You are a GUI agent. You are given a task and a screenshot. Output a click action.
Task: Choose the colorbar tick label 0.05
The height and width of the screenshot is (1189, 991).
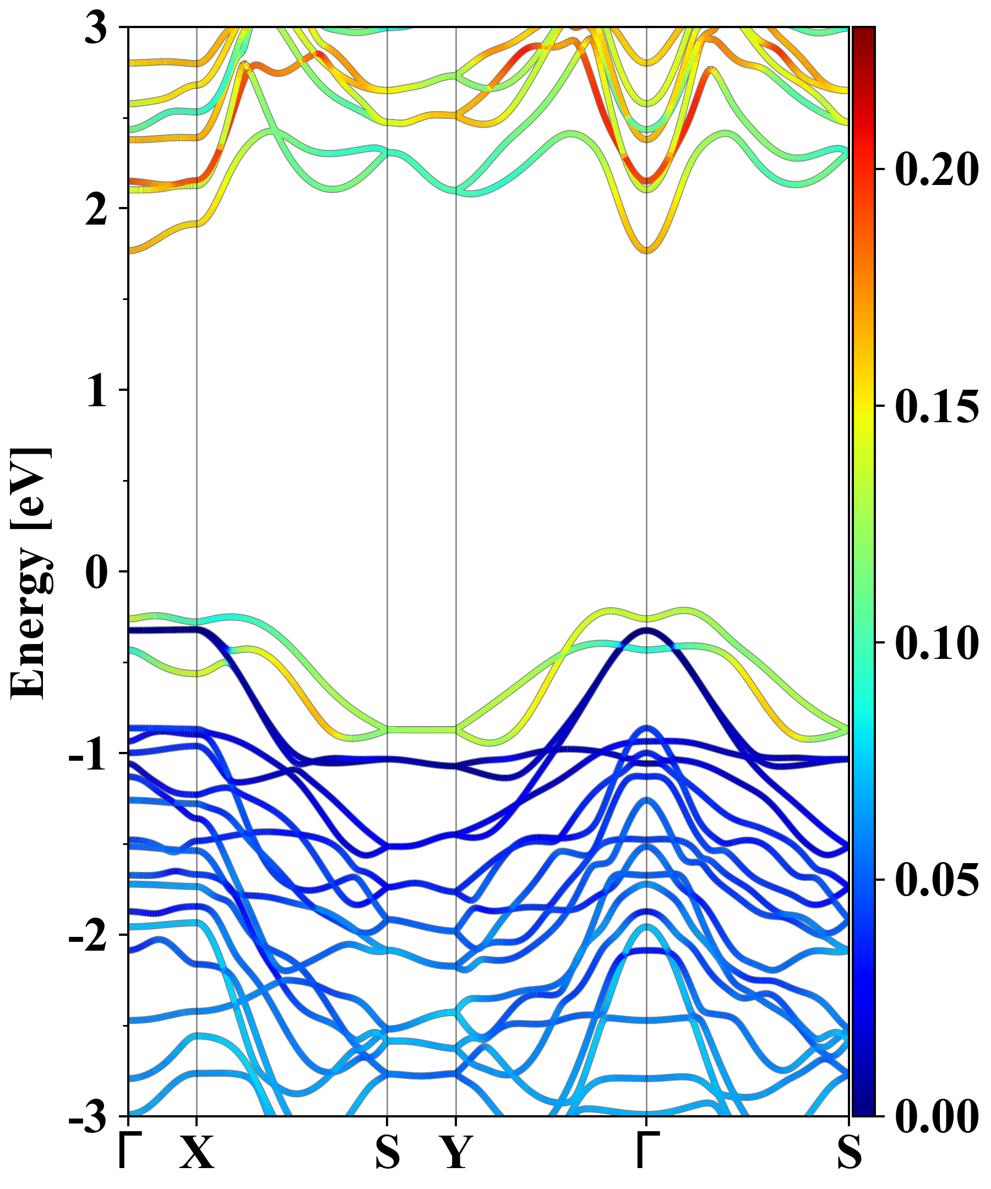point(936,880)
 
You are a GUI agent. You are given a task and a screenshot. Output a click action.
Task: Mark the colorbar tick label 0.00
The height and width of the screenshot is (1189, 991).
point(936,1117)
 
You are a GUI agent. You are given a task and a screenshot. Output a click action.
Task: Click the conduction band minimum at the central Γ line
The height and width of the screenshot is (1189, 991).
point(647,251)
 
